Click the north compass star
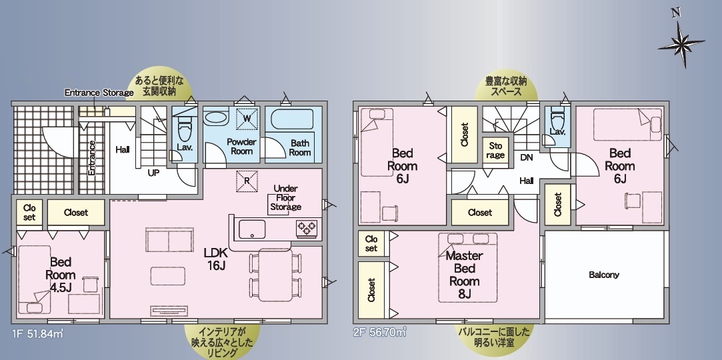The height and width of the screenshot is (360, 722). tap(681, 44)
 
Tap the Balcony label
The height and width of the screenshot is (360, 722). tap(603, 275)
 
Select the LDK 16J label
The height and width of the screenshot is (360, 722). tap(215, 259)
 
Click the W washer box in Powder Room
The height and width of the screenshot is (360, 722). tap(247, 118)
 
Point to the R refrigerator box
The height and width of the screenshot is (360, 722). tap(247, 181)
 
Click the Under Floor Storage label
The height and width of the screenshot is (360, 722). tap(285, 197)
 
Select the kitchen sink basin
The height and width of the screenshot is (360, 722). tap(252, 229)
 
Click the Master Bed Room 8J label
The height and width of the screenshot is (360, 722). tap(465, 275)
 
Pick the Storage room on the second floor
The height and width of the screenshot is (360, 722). tap(495, 151)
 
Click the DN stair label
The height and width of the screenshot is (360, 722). tap(526, 157)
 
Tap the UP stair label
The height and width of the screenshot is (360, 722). tap(153, 173)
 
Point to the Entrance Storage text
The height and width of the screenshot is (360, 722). tap(99, 93)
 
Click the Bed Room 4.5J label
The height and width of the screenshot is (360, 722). tap(60, 275)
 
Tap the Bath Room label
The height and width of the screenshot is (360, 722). tap(300, 148)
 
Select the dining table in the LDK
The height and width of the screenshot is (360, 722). tap(275, 275)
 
